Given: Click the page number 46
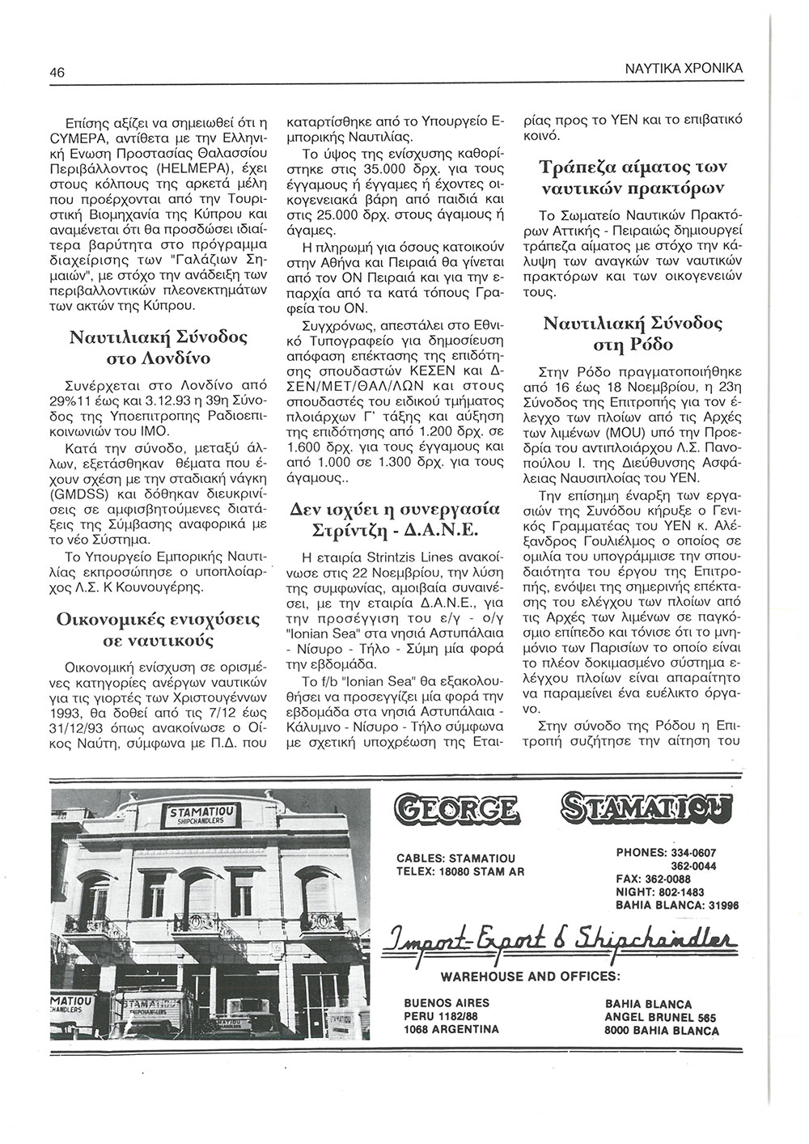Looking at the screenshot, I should (57, 71).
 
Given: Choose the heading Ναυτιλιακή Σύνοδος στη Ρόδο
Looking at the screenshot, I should (633, 335).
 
